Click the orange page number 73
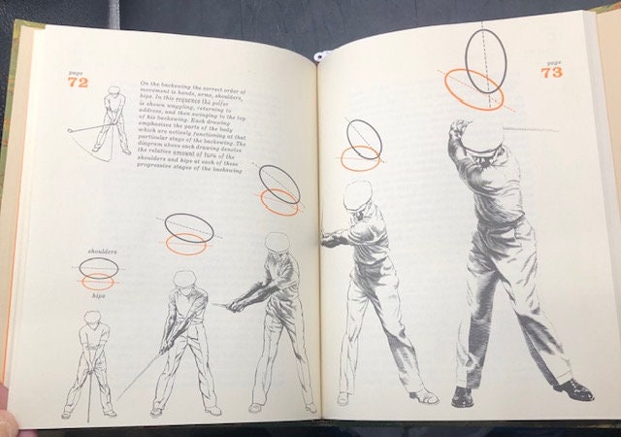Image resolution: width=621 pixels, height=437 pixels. coord(552,71)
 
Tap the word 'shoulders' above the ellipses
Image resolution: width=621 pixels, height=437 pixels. coord(102,252)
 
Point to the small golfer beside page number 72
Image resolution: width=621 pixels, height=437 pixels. coord(112,121)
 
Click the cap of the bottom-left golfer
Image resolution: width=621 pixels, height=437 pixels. coord(92,317)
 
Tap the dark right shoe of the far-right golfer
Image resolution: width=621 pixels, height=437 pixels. coord(573,390)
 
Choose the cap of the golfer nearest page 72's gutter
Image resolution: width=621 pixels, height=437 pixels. coord(278,240)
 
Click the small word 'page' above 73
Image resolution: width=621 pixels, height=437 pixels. coord(550,59)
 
